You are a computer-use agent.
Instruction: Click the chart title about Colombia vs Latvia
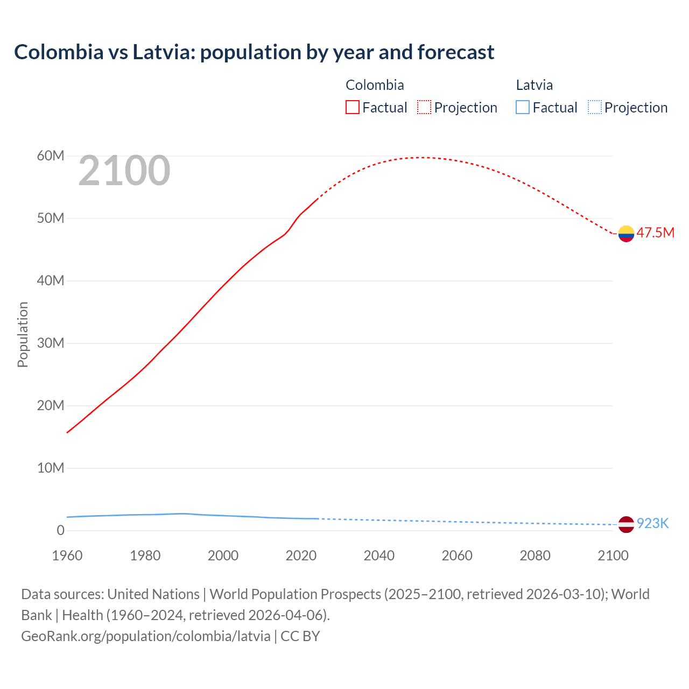coord(254,52)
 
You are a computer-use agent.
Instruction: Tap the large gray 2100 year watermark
coord(124,171)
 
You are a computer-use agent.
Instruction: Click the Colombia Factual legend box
coord(352,108)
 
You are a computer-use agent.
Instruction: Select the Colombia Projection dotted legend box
coord(424,108)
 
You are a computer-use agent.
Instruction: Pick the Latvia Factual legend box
coord(523,108)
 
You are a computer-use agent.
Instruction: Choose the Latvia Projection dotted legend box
coord(594,108)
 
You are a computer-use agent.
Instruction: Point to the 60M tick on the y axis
coord(51,156)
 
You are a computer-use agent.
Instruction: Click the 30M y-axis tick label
coord(51,343)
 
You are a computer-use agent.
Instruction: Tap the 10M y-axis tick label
coord(51,468)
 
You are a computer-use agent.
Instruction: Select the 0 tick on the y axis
coord(60,531)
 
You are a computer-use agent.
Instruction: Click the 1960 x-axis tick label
coord(67,556)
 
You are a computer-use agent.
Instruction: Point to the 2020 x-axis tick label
coord(301,556)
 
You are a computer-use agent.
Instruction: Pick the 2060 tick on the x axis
coord(457,556)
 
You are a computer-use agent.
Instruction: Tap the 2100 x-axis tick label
coord(613,556)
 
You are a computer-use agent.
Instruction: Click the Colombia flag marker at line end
coord(626,234)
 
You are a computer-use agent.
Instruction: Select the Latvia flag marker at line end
coord(626,524)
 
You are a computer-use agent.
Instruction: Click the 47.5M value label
coord(655,233)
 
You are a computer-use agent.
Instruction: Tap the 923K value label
coord(652,524)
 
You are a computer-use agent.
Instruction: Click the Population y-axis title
coord(23,334)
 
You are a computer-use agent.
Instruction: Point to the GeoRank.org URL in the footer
coord(146,636)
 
